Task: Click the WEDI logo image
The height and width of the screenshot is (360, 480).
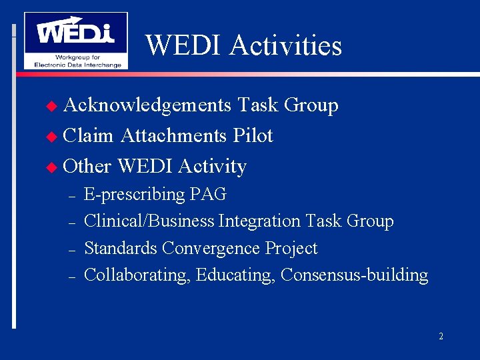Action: tap(75, 40)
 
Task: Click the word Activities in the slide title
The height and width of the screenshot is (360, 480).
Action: tap(285, 45)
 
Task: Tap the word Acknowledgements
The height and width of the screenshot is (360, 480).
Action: tap(147, 105)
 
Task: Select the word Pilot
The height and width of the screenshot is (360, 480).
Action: tap(253, 136)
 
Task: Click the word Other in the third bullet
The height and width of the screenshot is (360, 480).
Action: tap(88, 166)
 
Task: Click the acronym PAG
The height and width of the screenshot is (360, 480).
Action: tap(208, 195)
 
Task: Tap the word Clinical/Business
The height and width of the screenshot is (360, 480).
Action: tap(149, 221)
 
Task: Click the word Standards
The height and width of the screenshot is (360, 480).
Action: tap(121, 249)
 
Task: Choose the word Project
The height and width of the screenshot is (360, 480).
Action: tap(291, 249)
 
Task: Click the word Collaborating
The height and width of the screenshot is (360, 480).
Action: tap(138, 275)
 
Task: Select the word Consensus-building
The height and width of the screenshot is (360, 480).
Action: tap(355, 275)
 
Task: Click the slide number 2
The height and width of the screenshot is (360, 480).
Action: tap(441, 337)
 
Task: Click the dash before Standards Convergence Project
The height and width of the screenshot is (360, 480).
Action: tap(71, 249)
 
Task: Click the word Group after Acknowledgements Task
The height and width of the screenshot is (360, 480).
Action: tap(311, 105)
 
